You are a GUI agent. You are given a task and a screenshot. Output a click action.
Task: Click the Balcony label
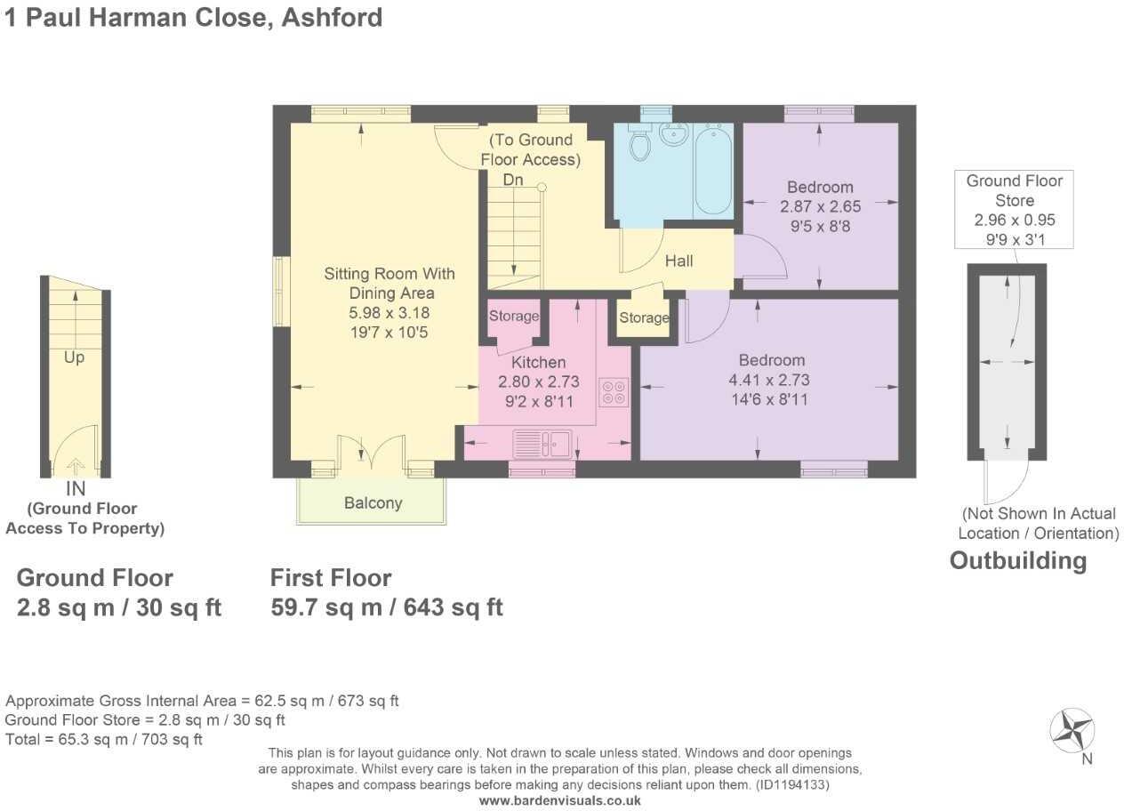tap(373, 503)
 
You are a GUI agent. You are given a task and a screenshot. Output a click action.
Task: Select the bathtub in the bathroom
tap(712, 171)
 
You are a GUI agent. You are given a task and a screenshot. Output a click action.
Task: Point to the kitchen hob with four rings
tap(614, 392)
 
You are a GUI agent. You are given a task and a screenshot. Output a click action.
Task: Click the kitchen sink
tap(542, 442)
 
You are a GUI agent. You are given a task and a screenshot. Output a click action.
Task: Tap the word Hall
tap(679, 261)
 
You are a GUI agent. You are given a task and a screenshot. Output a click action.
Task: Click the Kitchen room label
tap(538, 363)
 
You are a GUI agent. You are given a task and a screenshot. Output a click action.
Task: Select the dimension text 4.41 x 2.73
tap(769, 380)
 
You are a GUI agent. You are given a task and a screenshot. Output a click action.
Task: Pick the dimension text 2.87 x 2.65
tap(820, 206)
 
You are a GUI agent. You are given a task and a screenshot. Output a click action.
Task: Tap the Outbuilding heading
tap(1018, 561)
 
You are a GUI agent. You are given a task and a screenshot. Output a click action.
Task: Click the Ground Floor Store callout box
tap(1014, 210)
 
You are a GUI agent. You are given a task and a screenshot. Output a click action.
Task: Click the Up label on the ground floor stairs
tap(74, 358)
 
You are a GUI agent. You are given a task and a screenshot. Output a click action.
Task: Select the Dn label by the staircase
tap(513, 181)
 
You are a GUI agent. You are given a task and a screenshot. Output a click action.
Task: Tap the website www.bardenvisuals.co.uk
tap(560, 800)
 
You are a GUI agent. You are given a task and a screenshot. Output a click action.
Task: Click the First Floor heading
tap(331, 578)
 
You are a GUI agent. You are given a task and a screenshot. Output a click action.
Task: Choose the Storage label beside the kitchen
tap(513, 316)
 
